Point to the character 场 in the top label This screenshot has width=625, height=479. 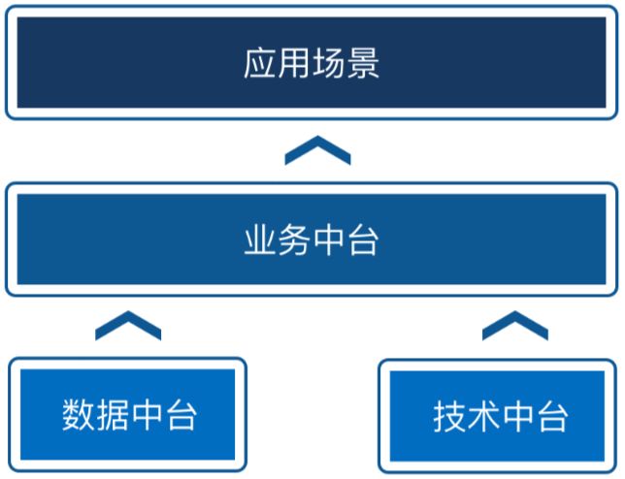click(329, 64)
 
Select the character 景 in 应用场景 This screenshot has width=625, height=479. click(364, 64)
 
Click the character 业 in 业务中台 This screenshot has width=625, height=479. click(261, 239)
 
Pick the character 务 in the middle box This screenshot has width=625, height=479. click(295, 239)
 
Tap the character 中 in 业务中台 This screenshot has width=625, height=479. click(329, 239)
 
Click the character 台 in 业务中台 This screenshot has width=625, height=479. click(364, 239)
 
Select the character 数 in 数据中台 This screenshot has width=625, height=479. click(79, 414)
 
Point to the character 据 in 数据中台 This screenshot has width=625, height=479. click(113, 414)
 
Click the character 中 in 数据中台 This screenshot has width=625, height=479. click(147, 414)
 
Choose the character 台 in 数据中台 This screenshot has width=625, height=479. click(181, 414)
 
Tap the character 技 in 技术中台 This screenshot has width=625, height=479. click(450, 417)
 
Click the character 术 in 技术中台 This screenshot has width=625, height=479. click(484, 417)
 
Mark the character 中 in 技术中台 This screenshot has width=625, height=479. click(518, 417)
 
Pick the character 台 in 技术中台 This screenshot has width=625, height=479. click(552, 417)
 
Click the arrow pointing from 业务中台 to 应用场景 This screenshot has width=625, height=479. click(317, 151)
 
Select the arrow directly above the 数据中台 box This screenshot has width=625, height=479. click(128, 327)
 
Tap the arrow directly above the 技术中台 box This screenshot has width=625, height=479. click(515, 327)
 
